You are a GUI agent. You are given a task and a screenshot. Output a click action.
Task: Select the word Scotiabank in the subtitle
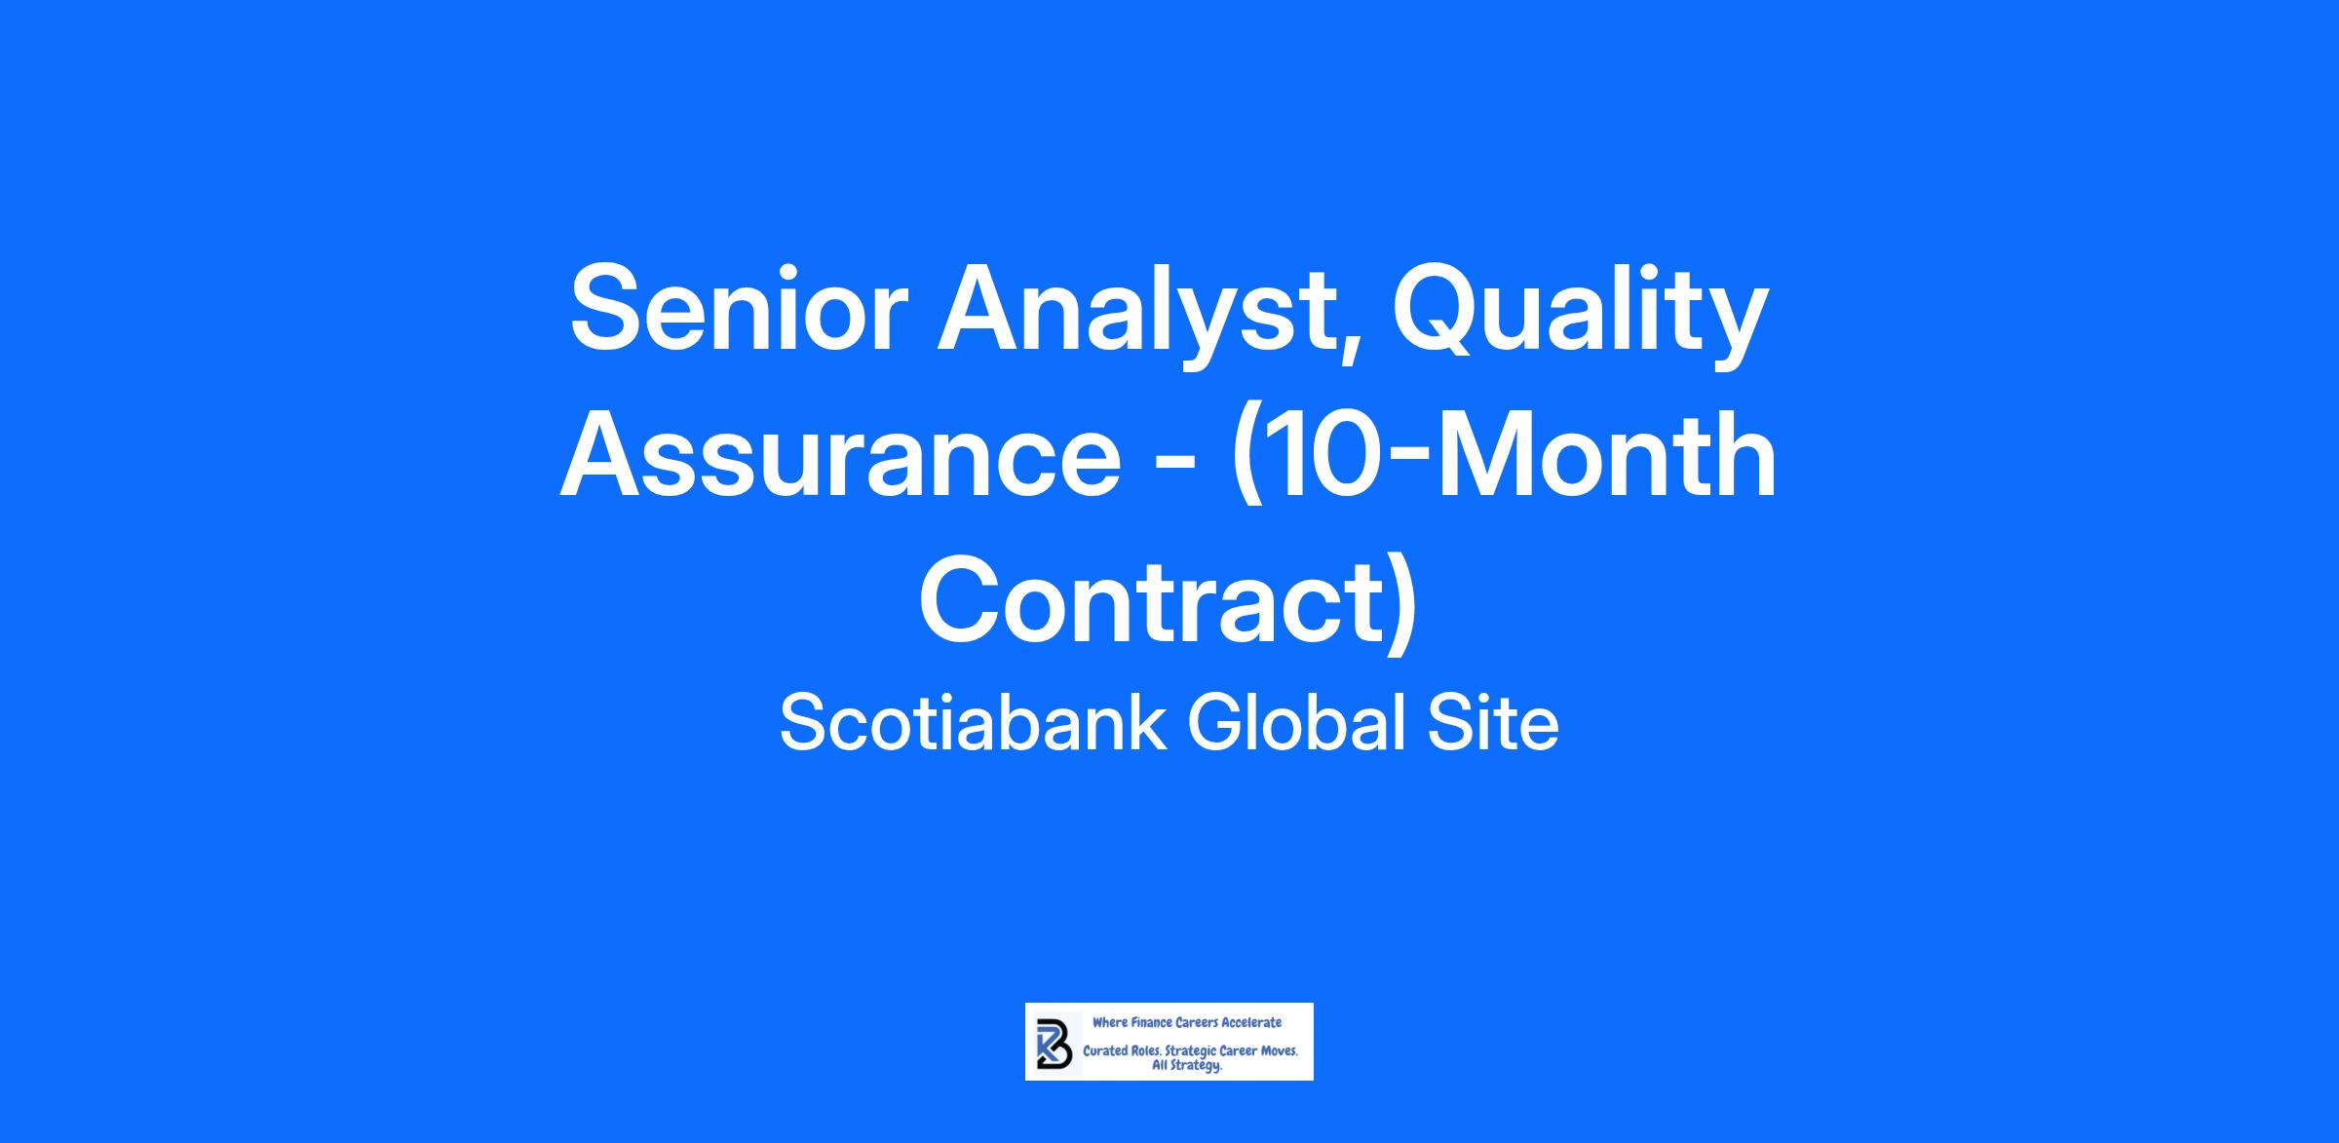[974, 724]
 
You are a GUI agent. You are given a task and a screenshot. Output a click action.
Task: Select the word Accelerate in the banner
[1252, 1022]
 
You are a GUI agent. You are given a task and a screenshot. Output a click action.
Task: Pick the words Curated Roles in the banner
[1122, 1051]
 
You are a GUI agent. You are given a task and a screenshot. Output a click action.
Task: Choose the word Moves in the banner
[1280, 1052]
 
